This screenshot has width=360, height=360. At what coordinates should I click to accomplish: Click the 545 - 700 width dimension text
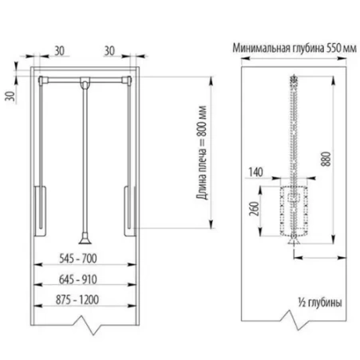[78, 259]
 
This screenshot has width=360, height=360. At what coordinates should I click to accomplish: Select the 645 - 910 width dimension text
[78, 279]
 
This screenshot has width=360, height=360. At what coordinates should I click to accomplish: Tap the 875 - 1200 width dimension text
[77, 299]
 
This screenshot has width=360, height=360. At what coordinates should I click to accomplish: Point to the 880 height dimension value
[326, 159]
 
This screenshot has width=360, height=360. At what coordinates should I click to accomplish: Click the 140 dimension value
[255, 172]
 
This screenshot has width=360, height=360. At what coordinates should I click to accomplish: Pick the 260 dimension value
[254, 208]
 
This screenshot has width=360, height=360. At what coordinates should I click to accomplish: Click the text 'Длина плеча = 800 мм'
[202, 152]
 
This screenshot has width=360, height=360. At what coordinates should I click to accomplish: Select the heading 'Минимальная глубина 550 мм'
[295, 49]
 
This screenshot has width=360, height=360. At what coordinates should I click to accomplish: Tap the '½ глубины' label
[320, 303]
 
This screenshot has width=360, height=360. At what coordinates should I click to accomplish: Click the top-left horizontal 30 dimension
[59, 51]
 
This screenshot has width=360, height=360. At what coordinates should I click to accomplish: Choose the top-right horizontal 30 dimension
[109, 51]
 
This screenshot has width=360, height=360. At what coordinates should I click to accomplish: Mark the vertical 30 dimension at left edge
[10, 96]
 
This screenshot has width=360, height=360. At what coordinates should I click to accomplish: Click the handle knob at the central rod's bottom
[85, 239]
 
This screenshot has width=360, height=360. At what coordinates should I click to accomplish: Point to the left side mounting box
[40, 211]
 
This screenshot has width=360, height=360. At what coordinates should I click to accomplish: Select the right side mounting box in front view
[130, 211]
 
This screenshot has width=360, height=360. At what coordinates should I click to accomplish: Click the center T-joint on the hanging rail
[85, 82]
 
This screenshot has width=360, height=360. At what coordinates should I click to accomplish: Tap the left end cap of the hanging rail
[43, 81]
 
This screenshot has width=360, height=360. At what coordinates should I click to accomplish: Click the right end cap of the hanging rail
[127, 81]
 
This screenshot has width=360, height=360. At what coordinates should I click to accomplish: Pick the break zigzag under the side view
[295, 320]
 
